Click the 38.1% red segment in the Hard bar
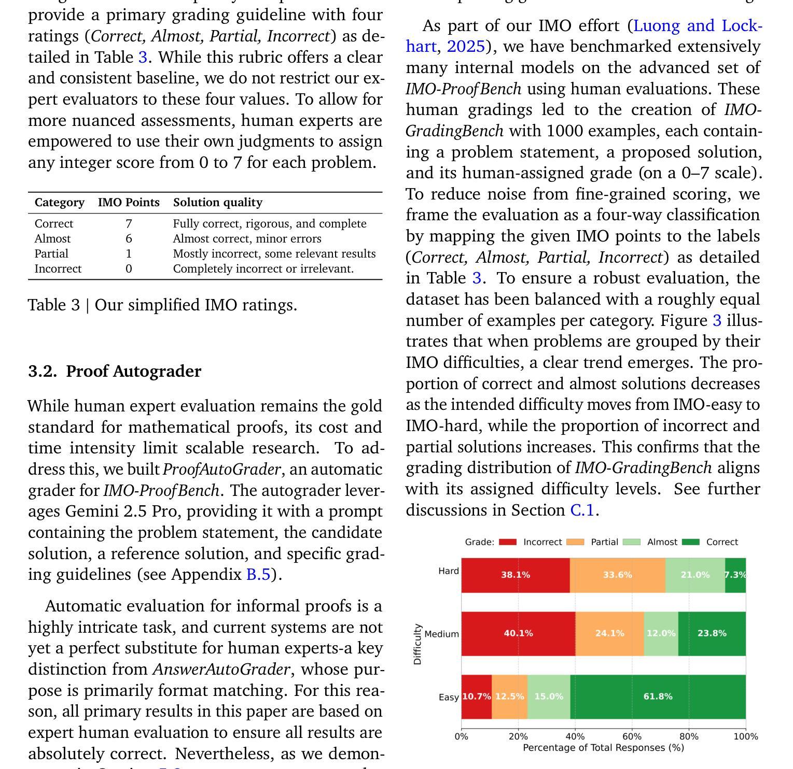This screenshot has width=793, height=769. (x=516, y=575)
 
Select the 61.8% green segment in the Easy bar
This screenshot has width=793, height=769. (x=658, y=696)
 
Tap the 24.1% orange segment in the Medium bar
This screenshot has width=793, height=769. (x=609, y=633)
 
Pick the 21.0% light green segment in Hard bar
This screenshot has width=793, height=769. (x=695, y=575)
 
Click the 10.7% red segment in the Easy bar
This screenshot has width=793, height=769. (x=476, y=696)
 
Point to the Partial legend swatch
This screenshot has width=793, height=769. (x=575, y=542)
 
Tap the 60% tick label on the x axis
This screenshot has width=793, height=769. (x=632, y=736)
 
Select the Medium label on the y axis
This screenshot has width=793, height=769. (x=441, y=634)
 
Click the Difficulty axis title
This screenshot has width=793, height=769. (x=418, y=644)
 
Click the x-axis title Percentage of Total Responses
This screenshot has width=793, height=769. (x=603, y=748)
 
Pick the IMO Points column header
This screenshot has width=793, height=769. (x=129, y=202)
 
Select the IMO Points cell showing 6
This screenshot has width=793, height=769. (x=129, y=239)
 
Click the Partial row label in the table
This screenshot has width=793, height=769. (x=51, y=254)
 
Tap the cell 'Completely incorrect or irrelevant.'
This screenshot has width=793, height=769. (x=263, y=269)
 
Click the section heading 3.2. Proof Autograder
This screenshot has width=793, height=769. (x=115, y=371)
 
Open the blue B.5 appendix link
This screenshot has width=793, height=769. (x=258, y=575)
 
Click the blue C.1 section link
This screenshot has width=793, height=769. (x=582, y=510)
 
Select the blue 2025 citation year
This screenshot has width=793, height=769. (x=466, y=47)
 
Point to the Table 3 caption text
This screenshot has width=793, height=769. (x=162, y=305)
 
